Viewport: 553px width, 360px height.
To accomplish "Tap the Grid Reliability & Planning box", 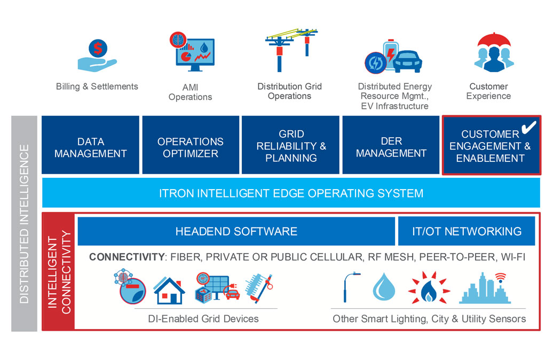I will tap(291, 145).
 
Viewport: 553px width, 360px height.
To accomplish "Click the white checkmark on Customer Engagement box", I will tap(528, 127).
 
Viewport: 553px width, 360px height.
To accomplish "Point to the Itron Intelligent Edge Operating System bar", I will tap(291, 193).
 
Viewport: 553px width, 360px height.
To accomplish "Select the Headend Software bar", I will tap(236, 231).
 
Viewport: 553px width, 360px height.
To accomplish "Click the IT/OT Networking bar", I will tap(467, 231).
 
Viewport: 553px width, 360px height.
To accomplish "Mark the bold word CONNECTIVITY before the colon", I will tap(127, 257).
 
